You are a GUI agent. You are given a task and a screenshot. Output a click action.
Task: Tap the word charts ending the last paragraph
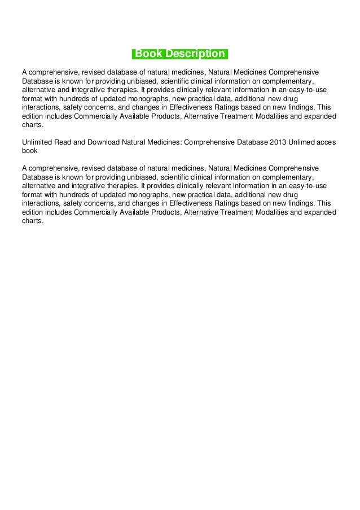point(32,221)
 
